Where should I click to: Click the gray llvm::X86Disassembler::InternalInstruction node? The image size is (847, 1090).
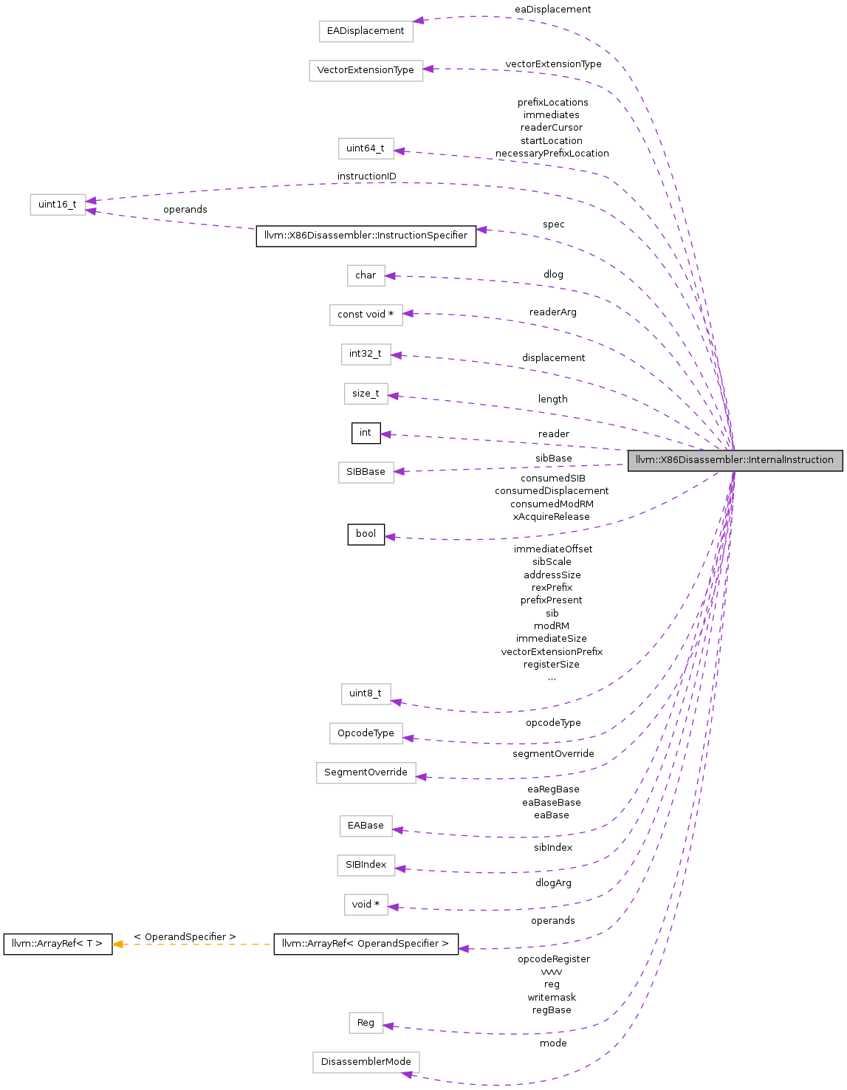click(735, 460)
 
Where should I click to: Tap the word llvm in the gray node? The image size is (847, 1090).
click(643, 460)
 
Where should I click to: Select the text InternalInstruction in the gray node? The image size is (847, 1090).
click(791, 460)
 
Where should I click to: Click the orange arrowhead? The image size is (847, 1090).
click(117, 944)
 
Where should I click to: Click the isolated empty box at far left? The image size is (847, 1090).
click(58, 205)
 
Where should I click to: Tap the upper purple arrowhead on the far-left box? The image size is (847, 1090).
click(91, 200)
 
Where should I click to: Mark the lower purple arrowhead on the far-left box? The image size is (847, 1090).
click(91, 211)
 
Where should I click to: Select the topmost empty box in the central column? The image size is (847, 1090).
click(366, 32)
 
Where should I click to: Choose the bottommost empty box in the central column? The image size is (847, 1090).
click(366, 1063)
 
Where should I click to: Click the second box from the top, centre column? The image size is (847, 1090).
click(366, 71)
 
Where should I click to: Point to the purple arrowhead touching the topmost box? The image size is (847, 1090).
click(418, 21)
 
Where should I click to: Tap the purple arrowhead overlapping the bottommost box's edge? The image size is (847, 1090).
click(407, 1074)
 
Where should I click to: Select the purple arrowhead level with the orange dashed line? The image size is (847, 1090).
click(463, 949)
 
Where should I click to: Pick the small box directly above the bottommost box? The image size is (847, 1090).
click(366, 1023)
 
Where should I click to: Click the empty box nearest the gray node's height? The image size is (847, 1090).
click(366, 473)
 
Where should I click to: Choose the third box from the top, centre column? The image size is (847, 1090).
click(366, 148)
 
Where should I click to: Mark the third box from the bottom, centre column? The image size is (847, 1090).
click(366, 905)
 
